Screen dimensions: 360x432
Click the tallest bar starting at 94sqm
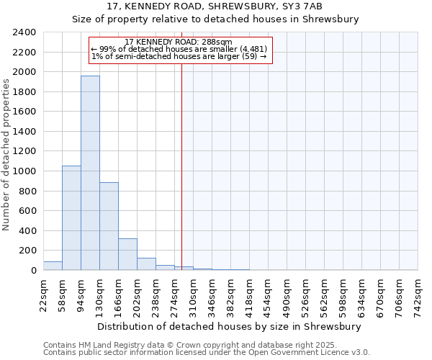(90, 173)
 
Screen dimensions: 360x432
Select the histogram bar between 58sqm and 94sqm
(71, 217)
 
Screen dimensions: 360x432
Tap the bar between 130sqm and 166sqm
(109, 226)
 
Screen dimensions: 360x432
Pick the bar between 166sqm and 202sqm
(127, 254)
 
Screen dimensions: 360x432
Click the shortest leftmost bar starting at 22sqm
(53, 266)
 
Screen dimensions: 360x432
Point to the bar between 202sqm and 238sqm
(146, 264)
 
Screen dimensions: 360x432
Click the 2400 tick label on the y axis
(24, 32)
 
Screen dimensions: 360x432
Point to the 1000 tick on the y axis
(24, 171)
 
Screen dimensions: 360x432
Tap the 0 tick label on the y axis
(32, 271)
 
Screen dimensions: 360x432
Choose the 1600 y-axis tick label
(24, 112)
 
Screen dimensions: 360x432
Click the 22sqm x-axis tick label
(43, 295)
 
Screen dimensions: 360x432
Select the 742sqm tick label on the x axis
(418, 295)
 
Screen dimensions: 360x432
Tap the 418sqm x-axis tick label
(249, 295)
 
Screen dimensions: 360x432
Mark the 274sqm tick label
(174, 295)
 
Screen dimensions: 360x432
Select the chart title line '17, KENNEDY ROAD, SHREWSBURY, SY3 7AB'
(215, 6)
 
